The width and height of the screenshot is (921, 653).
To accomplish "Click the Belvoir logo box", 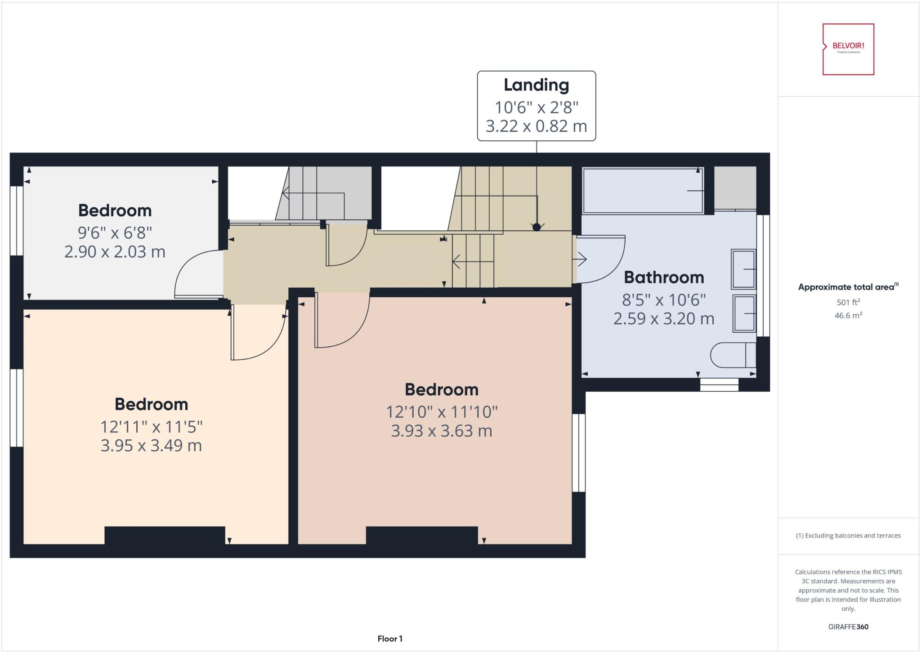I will [848, 49].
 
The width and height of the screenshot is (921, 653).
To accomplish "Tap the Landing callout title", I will [536, 85].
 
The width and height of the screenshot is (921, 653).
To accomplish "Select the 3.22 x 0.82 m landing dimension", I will [536, 126].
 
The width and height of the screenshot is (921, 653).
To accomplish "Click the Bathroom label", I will [664, 277].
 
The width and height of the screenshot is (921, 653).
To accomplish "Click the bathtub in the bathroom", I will [643, 191].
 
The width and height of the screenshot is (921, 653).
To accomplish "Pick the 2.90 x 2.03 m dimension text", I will [115, 252].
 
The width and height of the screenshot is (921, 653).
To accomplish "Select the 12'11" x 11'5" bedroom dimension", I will [151, 426].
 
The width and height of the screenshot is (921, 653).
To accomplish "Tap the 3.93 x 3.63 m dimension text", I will [441, 431].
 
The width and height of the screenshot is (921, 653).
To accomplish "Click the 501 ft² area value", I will [848, 302].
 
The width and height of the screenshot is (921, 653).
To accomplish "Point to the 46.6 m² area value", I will [848, 316].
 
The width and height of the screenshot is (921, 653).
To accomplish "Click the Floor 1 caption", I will [390, 639].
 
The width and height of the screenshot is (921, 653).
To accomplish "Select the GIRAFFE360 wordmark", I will [848, 626].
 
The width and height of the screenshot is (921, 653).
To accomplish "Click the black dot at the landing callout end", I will [537, 227].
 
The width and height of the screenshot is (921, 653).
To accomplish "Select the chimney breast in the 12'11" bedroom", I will [165, 536].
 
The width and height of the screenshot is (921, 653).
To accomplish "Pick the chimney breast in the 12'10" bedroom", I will [422, 536].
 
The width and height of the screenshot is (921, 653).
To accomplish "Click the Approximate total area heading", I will [848, 287].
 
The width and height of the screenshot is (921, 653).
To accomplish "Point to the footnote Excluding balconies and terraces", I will [848, 536].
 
